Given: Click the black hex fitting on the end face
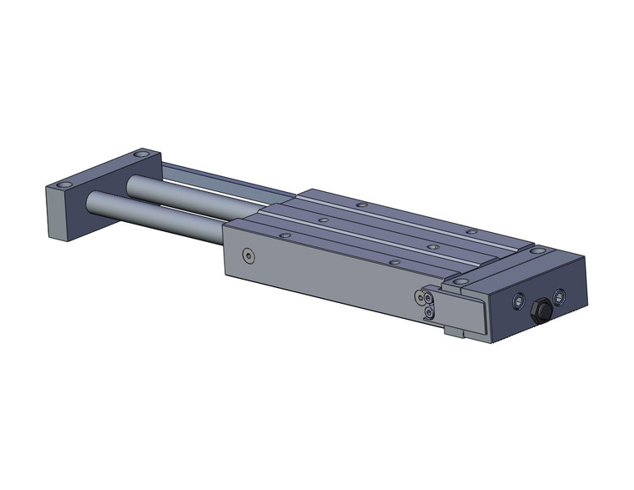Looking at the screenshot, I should coord(539,309).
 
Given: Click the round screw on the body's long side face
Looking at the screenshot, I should coord(247,255).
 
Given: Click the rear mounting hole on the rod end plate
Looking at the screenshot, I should coord(142,156).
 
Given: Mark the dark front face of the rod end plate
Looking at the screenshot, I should coord(62,215).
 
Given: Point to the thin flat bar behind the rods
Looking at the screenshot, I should coord(217,179).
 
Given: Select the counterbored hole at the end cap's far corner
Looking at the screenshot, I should coord(540,250).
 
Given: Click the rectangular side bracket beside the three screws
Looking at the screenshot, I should coord(461,310).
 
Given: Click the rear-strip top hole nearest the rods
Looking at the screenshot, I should coord(360,205).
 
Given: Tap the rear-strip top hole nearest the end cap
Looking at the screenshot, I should coord(471,231).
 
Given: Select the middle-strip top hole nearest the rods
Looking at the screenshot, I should coord(322,220).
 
